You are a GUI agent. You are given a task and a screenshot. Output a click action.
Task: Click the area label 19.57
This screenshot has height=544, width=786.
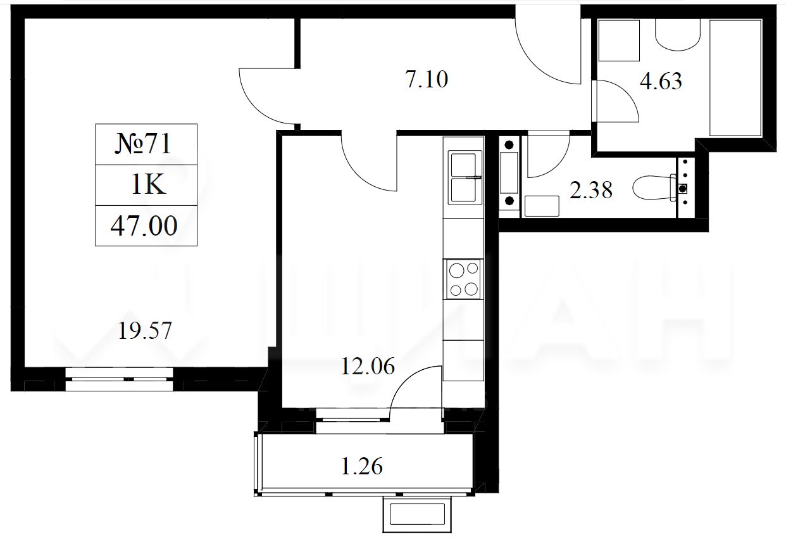pos(145,331)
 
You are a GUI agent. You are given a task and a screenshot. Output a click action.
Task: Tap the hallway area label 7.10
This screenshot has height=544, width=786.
pos(427,79)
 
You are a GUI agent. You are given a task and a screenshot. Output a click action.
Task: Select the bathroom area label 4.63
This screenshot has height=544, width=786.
pos(661,81)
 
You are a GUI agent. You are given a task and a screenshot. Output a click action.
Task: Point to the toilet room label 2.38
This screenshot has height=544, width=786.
pos(591,190)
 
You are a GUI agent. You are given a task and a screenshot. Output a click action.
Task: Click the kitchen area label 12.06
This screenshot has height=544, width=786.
pos(368,366)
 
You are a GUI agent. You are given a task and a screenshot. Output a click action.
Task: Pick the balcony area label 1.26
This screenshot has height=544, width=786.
pos(362,466)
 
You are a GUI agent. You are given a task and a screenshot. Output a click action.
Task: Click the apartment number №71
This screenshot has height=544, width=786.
pos(143,144)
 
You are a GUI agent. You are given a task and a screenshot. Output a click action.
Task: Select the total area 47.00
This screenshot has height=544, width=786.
pos(144,226)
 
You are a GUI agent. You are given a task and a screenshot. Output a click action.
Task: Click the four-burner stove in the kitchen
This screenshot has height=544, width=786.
pos(463,279)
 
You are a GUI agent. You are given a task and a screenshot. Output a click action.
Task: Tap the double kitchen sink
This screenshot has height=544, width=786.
pos(463,177)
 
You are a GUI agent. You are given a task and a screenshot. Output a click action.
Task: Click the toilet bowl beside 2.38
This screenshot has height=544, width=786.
pos(656,188)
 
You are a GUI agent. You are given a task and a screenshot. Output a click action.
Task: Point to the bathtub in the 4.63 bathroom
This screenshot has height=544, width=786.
pos(736,78)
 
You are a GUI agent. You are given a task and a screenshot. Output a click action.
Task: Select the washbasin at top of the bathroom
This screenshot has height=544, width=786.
pos(678,35)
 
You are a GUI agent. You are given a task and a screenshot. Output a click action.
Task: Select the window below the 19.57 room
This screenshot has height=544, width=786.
pos(119,379)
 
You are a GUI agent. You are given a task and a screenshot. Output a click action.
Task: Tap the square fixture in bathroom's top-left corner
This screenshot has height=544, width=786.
pos(619,41)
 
